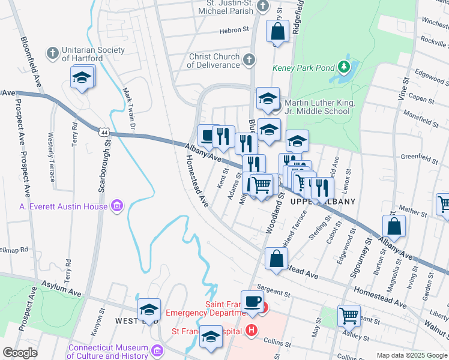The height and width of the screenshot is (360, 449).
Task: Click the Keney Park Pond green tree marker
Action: pyautogui.click(x=344, y=65)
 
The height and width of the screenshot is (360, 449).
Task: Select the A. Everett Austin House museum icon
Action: pyautogui.click(x=116, y=207)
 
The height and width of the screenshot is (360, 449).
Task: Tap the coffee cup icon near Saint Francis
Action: pyautogui.click(x=252, y=301)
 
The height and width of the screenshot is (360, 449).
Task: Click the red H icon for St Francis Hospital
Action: pyautogui.click(x=251, y=331)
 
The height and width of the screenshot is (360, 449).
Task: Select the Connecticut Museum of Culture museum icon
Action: pyautogui.click(x=157, y=349)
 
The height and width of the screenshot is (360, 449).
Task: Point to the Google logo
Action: pyautogui.click(x=20, y=353)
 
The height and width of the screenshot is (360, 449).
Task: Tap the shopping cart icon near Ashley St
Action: pyautogui.click(x=349, y=315)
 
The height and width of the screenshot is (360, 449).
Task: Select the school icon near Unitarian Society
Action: pyautogui.click(x=82, y=77)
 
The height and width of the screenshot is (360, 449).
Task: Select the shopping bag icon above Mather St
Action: pyautogui.click(x=394, y=227)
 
